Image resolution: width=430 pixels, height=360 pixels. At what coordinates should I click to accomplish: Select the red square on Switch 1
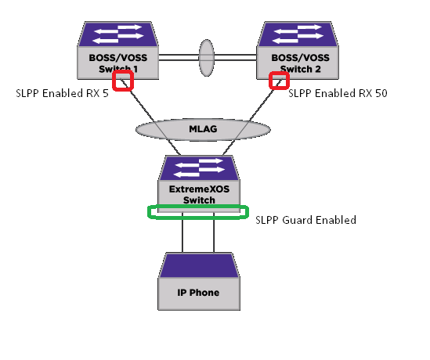123,81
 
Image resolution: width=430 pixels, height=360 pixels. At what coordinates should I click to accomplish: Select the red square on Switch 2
278,81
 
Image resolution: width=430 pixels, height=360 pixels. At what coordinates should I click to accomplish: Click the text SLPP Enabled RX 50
338,93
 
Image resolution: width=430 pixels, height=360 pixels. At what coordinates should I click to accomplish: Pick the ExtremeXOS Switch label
198,194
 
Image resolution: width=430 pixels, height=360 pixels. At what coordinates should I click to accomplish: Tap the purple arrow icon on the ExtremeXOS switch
198,167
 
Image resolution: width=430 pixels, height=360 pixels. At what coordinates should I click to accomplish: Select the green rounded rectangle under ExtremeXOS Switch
198,213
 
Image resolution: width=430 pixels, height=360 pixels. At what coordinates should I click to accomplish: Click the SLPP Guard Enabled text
306,220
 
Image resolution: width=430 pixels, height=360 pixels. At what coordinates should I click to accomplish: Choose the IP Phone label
198,293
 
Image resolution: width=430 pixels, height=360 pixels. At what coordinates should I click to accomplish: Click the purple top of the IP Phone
198,265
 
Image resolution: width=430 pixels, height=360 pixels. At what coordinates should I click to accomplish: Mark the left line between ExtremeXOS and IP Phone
182,236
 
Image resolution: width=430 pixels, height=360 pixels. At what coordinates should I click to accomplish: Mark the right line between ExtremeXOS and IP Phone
214,236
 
